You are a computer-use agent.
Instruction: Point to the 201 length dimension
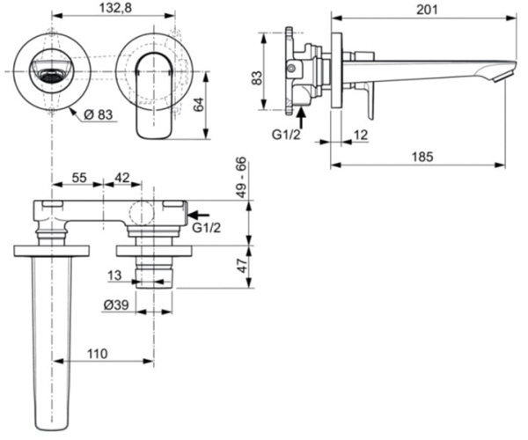(423, 9)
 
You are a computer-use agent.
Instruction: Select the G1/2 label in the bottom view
(206, 228)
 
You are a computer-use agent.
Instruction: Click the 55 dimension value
(78, 177)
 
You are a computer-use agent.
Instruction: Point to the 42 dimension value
(122, 177)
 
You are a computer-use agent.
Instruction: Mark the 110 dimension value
(97, 354)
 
